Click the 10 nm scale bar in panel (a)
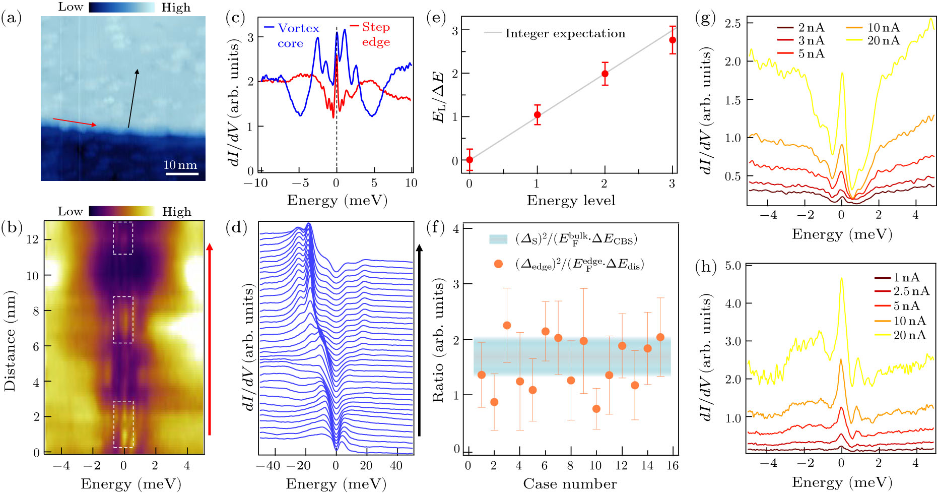[x=180, y=174]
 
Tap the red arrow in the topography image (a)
[x=75, y=122]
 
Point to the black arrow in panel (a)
[x=132, y=99]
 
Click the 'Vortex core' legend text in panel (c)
[x=298, y=35]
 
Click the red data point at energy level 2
[x=605, y=74]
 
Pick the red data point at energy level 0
[x=470, y=160]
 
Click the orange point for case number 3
[x=507, y=325]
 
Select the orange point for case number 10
[x=596, y=409]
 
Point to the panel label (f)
[x=435, y=228]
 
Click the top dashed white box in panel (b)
[x=123, y=238]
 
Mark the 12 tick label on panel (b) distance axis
[x=32, y=239]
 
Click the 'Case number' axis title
[x=570, y=484]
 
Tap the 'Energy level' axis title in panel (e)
[x=571, y=201]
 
